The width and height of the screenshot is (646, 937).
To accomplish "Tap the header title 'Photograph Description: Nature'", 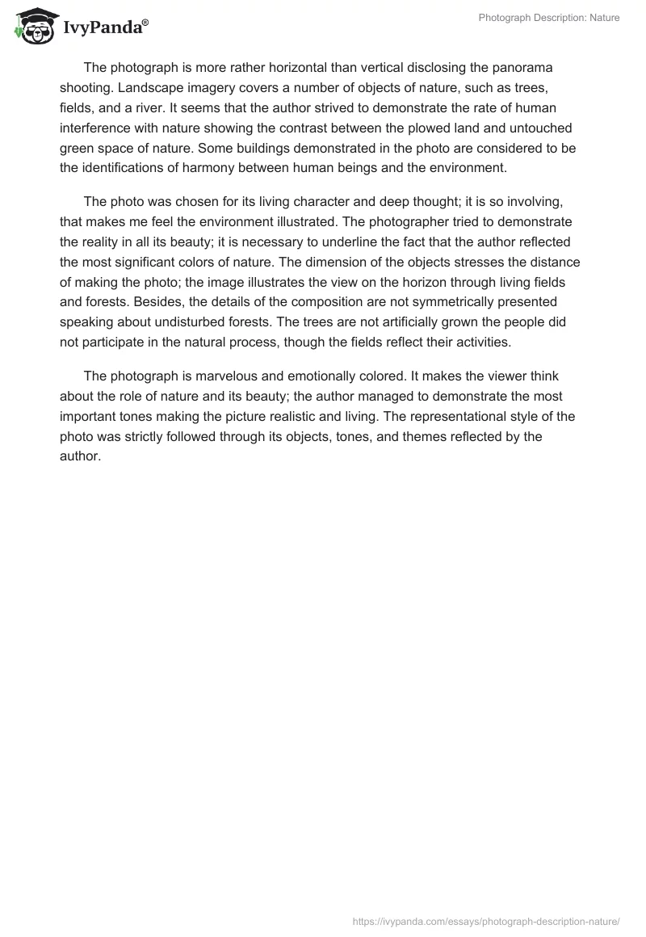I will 549,18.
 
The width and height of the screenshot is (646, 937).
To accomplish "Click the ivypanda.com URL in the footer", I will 487,921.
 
